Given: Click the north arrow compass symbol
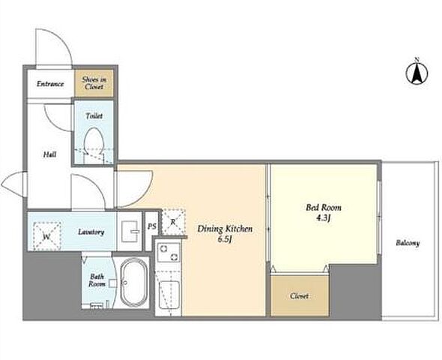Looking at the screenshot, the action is (417, 72).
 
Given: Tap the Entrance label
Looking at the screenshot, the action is (50, 84).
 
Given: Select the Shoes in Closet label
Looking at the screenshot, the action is (94, 83).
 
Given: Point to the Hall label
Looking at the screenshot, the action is (49, 154).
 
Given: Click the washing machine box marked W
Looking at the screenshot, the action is (46, 236).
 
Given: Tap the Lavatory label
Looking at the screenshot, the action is (91, 232).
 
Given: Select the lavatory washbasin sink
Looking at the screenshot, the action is (130, 231).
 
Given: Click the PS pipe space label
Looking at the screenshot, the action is (151, 226).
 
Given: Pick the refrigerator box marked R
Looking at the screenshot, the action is (173, 222).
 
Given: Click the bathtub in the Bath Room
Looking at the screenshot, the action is (134, 282).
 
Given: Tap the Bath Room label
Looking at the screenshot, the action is (97, 280).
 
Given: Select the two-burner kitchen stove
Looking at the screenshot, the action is (169, 253).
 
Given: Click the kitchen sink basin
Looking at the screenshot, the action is (169, 295).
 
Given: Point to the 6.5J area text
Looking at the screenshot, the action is (225, 239).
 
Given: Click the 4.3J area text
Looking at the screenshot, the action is (323, 217).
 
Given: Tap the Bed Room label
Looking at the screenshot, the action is (324, 208).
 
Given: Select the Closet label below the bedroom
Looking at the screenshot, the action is (300, 296).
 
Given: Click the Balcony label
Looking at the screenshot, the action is (408, 243).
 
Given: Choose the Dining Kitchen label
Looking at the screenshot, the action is (225, 229).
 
